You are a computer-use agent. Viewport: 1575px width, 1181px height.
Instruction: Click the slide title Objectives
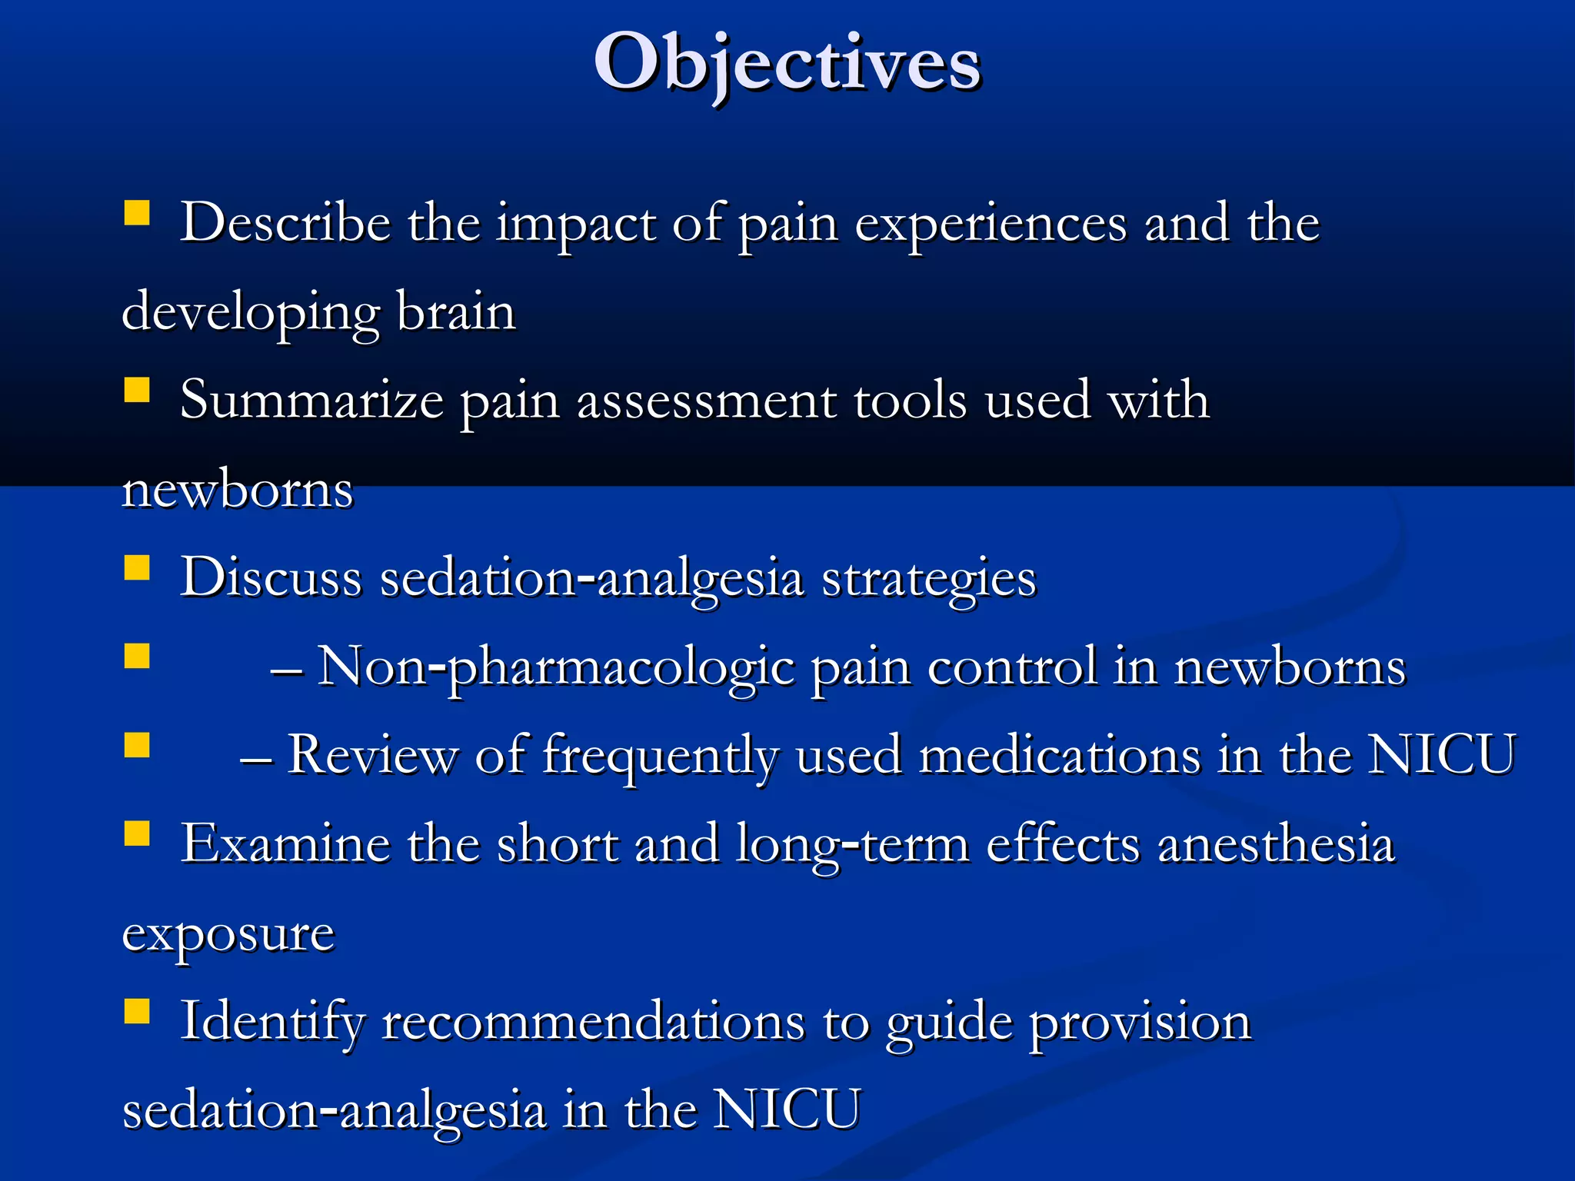[x=787, y=63]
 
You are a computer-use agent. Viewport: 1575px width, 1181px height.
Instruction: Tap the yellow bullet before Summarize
[x=137, y=390]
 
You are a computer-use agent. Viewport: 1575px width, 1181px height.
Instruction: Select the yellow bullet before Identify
[x=137, y=1011]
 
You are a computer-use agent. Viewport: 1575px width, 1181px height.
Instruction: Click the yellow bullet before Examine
[x=137, y=833]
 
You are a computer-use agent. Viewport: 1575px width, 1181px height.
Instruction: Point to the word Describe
[x=285, y=223]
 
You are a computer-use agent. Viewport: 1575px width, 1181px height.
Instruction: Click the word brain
[x=456, y=312]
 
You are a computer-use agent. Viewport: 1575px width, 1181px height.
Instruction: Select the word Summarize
[x=311, y=401]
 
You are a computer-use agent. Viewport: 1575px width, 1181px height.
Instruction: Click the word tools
[x=911, y=401]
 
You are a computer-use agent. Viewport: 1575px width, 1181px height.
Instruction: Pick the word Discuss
[x=271, y=577]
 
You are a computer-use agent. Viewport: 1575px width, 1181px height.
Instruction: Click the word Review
[x=371, y=755]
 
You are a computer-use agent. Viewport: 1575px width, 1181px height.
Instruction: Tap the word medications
[x=1060, y=755]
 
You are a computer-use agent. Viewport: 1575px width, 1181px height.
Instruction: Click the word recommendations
[x=593, y=1023]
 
